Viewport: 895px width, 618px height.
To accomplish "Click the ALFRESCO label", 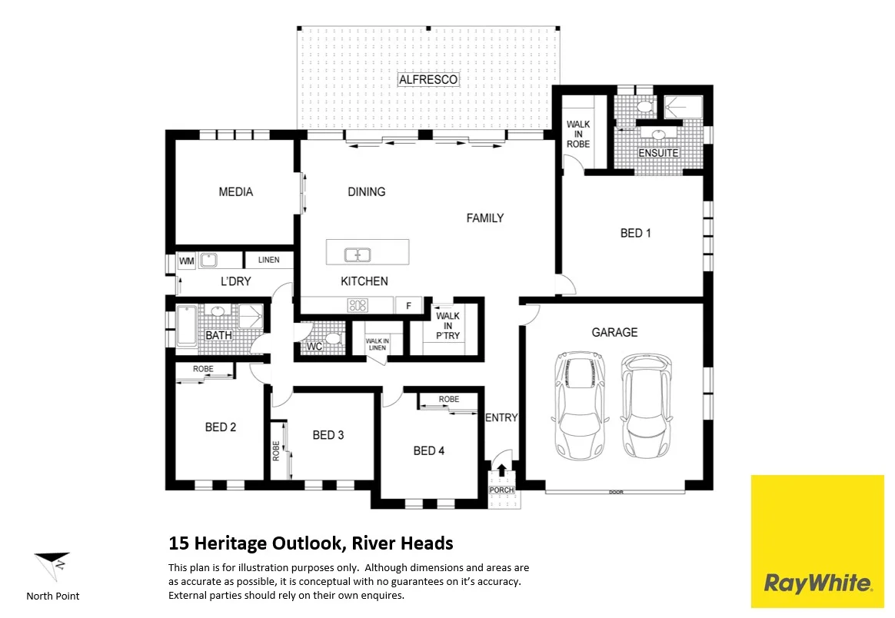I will (428, 79).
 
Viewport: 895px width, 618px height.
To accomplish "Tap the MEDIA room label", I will (235, 191).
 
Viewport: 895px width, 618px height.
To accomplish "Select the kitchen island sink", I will (358, 254).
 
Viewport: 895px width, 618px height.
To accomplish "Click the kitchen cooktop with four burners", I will (358, 305).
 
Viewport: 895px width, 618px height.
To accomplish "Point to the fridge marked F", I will (408, 305).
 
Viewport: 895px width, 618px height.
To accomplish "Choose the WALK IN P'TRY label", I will (447, 326).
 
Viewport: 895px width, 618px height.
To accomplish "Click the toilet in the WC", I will (332, 338).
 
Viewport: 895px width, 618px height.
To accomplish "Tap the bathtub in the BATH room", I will (187, 326).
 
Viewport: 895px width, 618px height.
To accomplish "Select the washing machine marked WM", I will (186, 261).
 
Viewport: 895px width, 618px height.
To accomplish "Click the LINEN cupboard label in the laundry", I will (268, 260).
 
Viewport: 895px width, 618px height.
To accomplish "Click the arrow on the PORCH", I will (502, 470).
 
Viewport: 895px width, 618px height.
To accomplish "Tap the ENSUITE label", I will (659, 153).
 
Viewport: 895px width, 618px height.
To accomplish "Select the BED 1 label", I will (636, 233).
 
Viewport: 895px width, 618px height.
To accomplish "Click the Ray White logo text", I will (817, 583).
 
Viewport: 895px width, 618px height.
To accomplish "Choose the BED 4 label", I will (428, 450).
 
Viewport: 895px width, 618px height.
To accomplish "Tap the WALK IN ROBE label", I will (578, 134).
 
